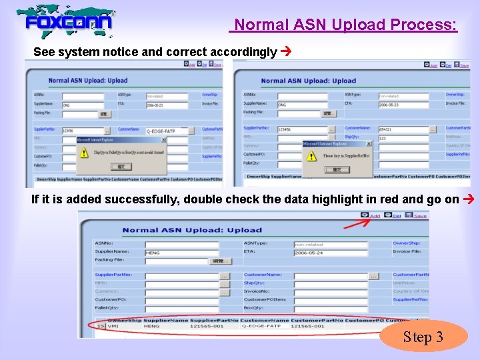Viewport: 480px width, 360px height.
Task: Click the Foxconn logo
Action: point(67,21)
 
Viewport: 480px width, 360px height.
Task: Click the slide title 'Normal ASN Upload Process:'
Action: point(343,25)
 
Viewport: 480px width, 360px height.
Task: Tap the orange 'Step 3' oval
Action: point(423,337)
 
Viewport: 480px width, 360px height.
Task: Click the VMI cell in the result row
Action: point(114,326)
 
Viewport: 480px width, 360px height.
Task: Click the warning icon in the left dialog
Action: point(84,153)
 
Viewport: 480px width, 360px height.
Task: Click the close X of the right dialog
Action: point(368,143)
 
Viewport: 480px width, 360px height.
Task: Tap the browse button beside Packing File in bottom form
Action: point(216,261)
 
